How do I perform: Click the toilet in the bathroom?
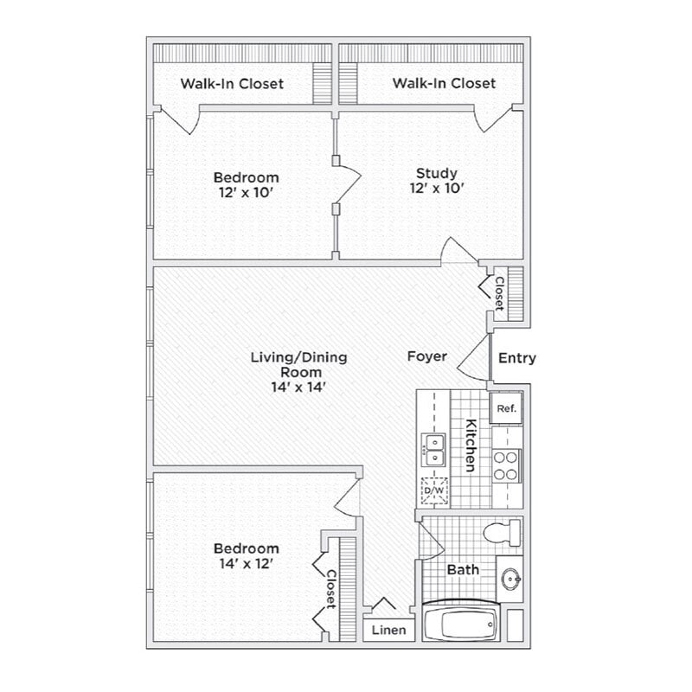502,532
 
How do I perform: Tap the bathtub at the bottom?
460,621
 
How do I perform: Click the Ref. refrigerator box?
506,408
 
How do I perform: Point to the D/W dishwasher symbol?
434,490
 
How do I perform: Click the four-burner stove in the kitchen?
506,465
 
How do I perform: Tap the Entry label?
517,358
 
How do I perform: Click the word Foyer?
427,356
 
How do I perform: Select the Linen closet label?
388,630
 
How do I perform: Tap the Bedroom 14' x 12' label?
247,556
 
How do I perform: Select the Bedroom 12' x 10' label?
247,185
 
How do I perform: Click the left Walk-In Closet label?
232,84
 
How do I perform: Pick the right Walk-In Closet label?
444,84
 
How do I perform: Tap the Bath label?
464,570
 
